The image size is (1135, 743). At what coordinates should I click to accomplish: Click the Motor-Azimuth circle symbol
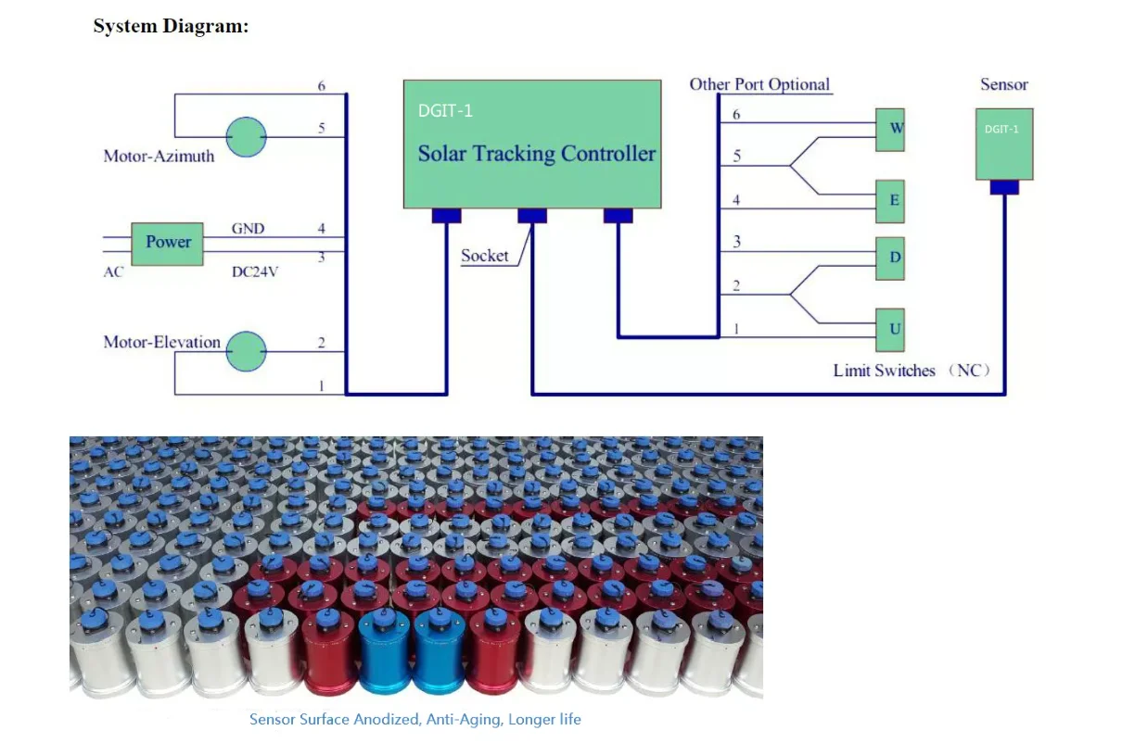pos(247,137)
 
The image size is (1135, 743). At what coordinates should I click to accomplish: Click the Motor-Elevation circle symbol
pos(247,351)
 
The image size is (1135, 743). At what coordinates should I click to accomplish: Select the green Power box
pos(167,243)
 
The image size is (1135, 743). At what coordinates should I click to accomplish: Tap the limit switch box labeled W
pos(890,129)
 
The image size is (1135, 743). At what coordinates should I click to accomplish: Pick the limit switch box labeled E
pos(890,201)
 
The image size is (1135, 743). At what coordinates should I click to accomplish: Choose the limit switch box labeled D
pos(890,258)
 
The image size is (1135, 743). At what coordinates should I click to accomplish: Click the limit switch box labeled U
pos(890,330)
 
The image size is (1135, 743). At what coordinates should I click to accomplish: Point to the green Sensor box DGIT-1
pos(1003,144)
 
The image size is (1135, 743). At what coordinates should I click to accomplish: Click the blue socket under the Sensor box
pos(1003,187)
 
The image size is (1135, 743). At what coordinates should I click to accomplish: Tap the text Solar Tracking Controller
pos(536,154)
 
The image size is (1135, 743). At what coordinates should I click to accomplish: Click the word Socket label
pos(484,256)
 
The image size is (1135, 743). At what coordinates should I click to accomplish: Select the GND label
pos(249,228)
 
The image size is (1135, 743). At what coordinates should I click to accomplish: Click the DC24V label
pos(254,272)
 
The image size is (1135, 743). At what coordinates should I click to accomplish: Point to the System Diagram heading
pos(171,26)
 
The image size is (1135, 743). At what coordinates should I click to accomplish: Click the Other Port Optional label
pos(759,84)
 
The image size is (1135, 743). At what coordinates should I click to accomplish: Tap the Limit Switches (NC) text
pos(911,371)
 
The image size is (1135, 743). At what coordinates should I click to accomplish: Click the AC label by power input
pos(113,272)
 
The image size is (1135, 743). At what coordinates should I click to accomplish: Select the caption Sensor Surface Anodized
pos(414,719)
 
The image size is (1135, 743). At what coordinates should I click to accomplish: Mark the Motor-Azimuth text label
pos(159,157)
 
